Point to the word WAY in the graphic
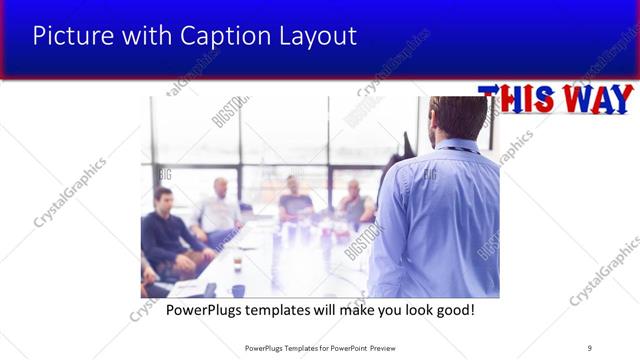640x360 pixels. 596,100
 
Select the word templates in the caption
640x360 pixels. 284,310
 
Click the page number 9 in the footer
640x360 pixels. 590,347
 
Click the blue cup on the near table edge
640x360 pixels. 238,290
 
